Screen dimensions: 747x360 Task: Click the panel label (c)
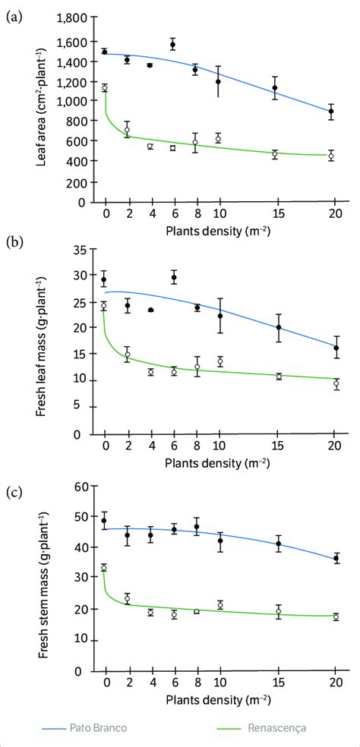(14, 491)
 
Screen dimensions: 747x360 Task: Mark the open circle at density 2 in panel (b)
(128, 355)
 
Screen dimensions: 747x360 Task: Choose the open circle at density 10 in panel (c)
(220, 605)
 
